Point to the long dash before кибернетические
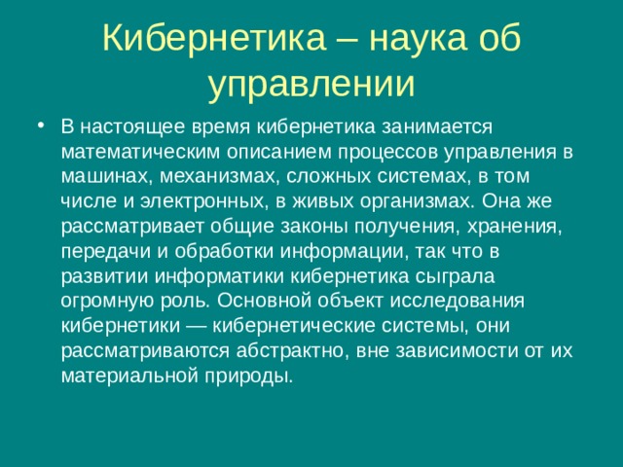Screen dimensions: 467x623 click(x=212, y=326)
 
